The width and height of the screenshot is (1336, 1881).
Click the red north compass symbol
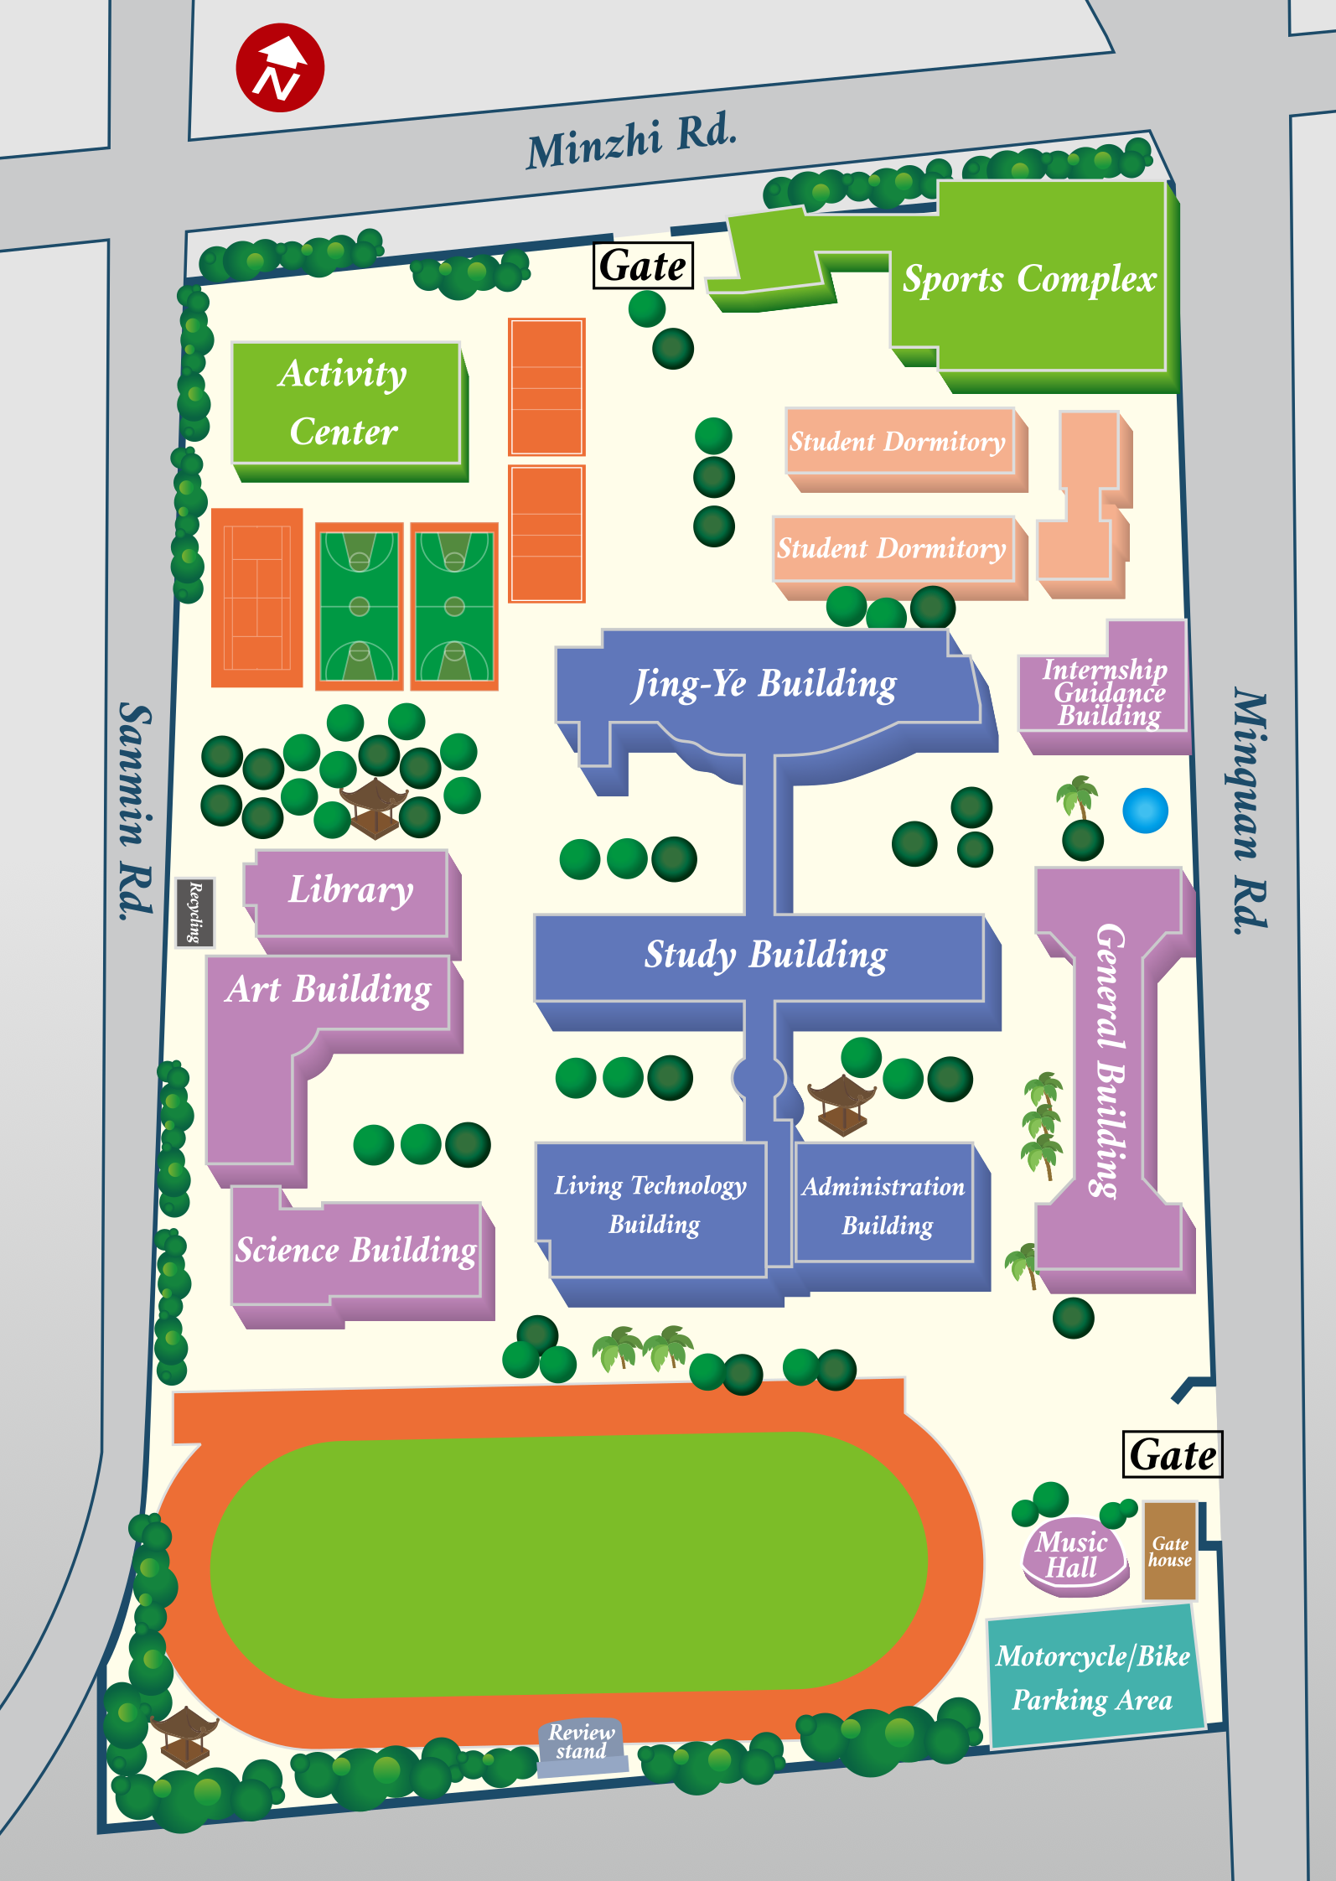pyautogui.click(x=280, y=68)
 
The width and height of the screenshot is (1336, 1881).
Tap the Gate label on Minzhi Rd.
pyautogui.click(x=643, y=266)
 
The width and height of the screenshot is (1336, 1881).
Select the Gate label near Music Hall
pyautogui.click(x=1172, y=1454)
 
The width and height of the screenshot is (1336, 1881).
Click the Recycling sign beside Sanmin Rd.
pyautogui.click(x=194, y=912)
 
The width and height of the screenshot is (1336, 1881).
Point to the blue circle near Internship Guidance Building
pyautogui.click(x=1145, y=811)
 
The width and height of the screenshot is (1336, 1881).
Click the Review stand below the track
pyautogui.click(x=581, y=1743)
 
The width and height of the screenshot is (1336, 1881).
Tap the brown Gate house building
pyautogui.click(x=1170, y=1552)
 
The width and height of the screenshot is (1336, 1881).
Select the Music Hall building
pyautogui.click(x=1072, y=1555)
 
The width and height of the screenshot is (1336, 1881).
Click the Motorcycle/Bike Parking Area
pyautogui.click(x=1093, y=1677)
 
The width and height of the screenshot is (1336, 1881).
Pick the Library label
pyautogui.click(x=350, y=889)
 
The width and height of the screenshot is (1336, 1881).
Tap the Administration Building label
pyautogui.click(x=885, y=1205)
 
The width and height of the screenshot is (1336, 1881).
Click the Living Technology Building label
pyautogui.click(x=651, y=1204)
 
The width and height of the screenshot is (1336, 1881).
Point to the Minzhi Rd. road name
pyautogui.click(x=631, y=141)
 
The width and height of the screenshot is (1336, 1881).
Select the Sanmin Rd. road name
pyautogui.click(x=135, y=811)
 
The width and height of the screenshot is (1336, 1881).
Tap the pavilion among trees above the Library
pyautogui.click(x=374, y=806)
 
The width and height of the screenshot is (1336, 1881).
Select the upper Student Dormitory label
pyautogui.click(x=898, y=441)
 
